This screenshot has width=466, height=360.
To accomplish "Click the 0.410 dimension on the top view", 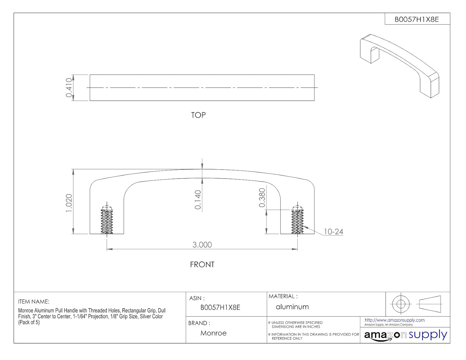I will pyautogui.click(x=69, y=88).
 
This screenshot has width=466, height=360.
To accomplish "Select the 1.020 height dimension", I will pyautogui.click(x=69, y=203).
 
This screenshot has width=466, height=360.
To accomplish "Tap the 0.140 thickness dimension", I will pyautogui.click(x=198, y=200).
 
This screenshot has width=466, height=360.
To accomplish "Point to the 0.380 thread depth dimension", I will pyautogui.click(x=262, y=198).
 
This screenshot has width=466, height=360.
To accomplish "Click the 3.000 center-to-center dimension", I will pyautogui.click(x=202, y=245).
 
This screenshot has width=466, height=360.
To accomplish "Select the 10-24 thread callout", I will pyautogui.click(x=333, y=232).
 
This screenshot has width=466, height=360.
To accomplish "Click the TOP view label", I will pyautogui.click(x=198, y=115).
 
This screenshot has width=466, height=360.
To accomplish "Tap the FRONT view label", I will pyautogui.click(x=202, y=265).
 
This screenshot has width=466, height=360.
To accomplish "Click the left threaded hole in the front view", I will pyautogui.click(x=107, y=220).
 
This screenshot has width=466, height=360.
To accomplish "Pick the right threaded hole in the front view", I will pyautogui.click(x=297, y=220).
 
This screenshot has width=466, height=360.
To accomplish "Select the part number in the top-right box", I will pyautogui.click(x=417, y=19).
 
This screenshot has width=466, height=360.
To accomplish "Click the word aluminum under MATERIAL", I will pyautogui.click(x=292, y=307).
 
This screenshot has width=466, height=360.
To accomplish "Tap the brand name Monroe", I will pyautogui.click(x=213, y=333).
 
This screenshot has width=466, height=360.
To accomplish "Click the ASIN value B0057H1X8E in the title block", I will pyautogui.click(x=220, y=308).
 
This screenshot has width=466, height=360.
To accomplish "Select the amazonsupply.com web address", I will pyautogui.click(x=394, y=320).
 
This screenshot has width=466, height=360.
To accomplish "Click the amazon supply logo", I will pyautogui.click(x=405, y=335).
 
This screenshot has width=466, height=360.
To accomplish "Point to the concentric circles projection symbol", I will pyautogui.click(x=400, y=304).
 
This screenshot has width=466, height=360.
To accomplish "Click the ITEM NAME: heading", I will pyautogui.click(x=34, y=302).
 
